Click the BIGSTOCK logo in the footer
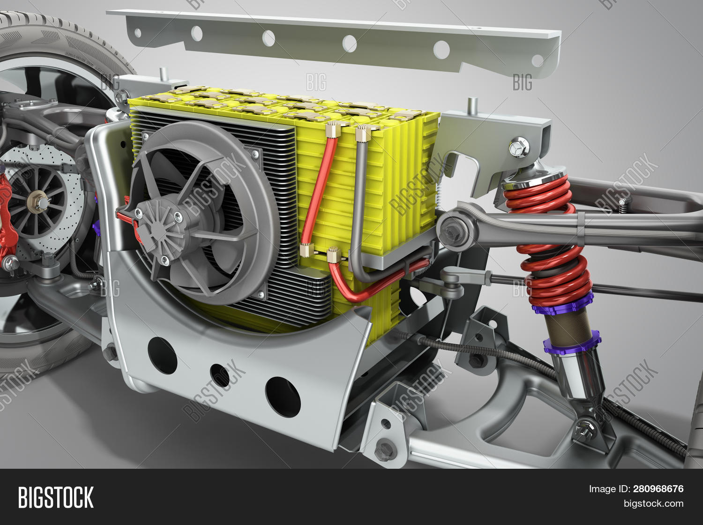[x=56, y=497]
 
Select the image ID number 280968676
[x=658, y=489]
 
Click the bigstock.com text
[x=653, y=504]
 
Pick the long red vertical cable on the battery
[x=319, y=187]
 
